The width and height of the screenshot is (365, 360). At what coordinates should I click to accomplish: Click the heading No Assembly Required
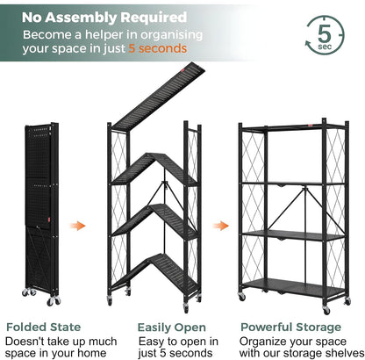[x=104, y=17]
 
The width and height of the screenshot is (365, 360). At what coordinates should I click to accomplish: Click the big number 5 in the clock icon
[x=325, y=33]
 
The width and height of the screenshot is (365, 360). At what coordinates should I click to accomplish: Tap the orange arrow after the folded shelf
[x=78, y=226]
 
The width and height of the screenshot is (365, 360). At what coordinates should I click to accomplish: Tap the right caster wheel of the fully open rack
[x=326, y=310]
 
